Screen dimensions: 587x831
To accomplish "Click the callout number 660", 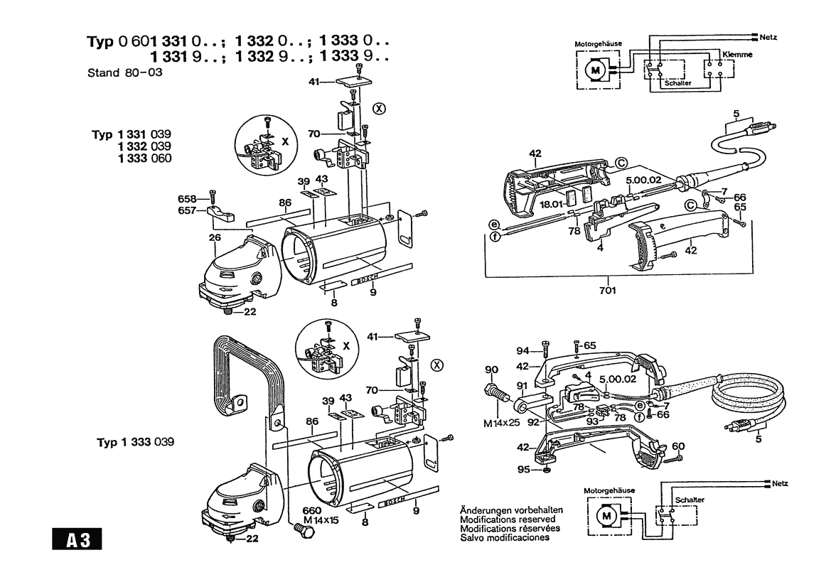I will [313, 510].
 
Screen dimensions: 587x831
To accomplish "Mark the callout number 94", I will [523, 351].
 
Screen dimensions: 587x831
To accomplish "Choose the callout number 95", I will [524, 469].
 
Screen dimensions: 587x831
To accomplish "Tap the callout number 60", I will [677, 446].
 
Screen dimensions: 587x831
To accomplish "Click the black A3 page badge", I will [77, 539].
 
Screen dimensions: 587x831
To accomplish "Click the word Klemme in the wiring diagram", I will [736, 54].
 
